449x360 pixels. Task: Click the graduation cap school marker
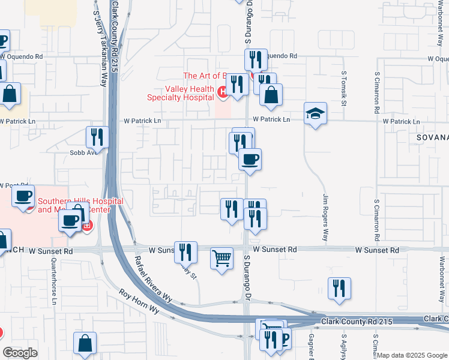pyautogui.click(x=315, y=113)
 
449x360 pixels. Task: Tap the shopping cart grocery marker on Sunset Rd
pyautogui.click(x=222, y=259)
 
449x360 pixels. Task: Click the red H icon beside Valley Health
pyautogui.click(x=222, y=92)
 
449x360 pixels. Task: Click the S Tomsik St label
pyautogui.click(x=345, y=89)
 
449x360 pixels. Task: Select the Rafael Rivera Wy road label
pyautogui.click(x=153, y=280)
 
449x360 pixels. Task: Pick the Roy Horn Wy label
pyautogui.click(x=139, y=302)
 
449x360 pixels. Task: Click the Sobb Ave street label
pyautogui.click(x=83, y=152)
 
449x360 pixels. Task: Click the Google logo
pyautogui.click(x=20, y=353)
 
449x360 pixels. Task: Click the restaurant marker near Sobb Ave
pyautogui.click(x=96, y=137)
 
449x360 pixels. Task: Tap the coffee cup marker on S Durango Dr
pyautogui.click(x=250, y=159)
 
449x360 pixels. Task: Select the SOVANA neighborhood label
pyautogui.click(x=432, y=137)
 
